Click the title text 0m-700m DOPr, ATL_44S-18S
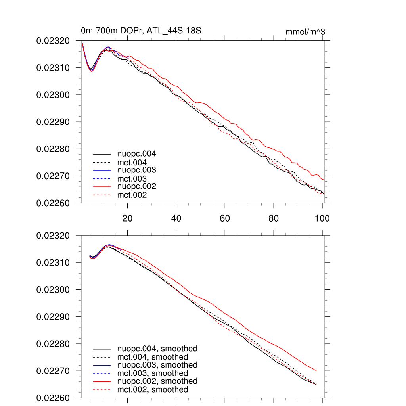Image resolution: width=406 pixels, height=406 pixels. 144,31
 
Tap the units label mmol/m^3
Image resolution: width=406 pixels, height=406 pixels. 305,32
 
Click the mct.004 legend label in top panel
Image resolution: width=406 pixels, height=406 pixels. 132,162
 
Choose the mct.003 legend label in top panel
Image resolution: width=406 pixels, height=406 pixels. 132,179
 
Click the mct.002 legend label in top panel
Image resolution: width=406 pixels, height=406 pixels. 132,195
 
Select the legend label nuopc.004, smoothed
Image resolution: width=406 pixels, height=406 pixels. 157,349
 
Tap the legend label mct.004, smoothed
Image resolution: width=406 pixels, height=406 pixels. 153,357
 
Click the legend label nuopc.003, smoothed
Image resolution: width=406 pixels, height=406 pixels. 157,365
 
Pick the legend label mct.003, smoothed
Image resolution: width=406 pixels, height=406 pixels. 153,373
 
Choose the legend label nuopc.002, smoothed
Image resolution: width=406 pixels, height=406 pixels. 157,381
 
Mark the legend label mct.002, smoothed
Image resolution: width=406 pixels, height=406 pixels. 153,390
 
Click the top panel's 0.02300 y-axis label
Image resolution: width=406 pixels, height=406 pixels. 53,95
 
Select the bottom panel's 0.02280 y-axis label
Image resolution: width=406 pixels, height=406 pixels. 53,344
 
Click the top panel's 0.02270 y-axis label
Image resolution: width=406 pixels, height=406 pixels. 53,176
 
